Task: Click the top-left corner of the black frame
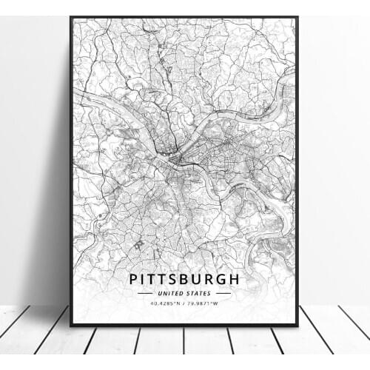pos(72,18)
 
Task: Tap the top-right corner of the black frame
pos(297,18)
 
